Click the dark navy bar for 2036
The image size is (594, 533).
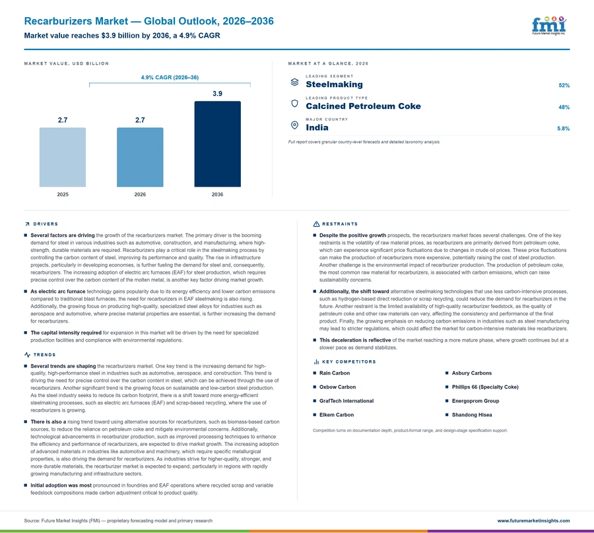(x=217, y=144)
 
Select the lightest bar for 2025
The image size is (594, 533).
(x=63, y=157)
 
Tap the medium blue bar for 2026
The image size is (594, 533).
(x=140, y=157)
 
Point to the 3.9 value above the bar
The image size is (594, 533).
(x=217, y=94)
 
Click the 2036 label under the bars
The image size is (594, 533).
(x=217, y=194)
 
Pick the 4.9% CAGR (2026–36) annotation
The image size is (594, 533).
(x=170, y=77)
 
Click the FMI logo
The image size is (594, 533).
(x=549, y=25)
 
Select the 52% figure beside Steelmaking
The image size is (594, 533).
(x=564, y=86)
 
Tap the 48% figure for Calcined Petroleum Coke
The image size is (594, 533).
(x=564, y=107)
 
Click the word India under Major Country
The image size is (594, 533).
(x=317, y=127)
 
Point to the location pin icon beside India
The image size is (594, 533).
(x=294, y=125)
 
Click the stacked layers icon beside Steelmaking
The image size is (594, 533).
(x=294, y=82)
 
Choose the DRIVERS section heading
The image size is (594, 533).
(x=46, y=224)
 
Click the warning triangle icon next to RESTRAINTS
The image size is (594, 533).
(x=316, y=224)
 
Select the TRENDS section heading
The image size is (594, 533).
(x=44, y=355)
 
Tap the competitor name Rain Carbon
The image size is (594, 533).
(x=335, y=373)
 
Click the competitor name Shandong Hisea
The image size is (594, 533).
(x=472, y=415)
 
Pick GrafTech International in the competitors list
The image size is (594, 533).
(x=346, y=401)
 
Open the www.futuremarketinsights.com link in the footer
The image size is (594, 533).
(x=533, y=521)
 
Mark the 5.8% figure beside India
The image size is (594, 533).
(x=564, y=129)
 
